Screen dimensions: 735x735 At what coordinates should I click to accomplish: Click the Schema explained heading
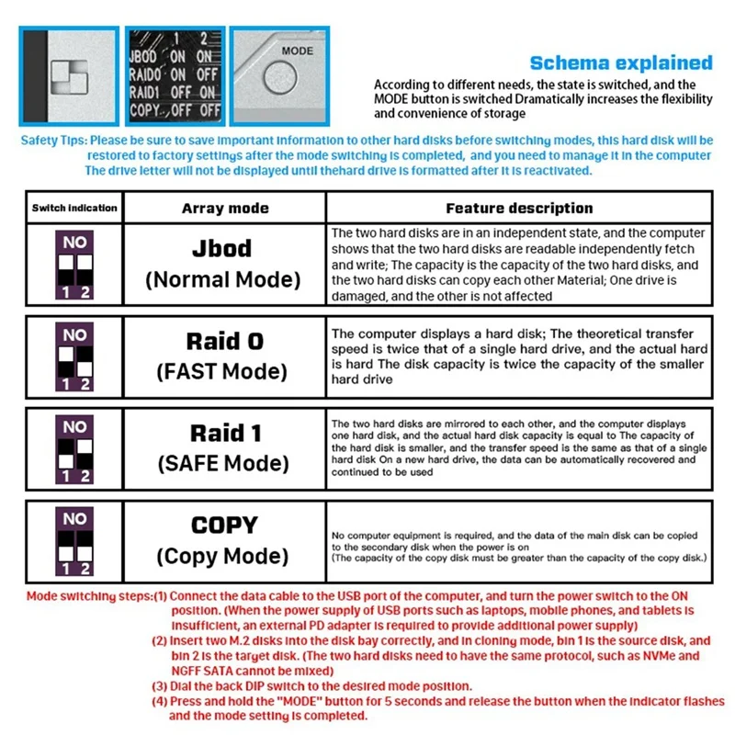tap(621, 62)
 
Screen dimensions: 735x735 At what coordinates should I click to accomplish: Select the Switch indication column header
tap(74, 208)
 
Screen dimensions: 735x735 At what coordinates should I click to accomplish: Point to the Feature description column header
tap(519, 209)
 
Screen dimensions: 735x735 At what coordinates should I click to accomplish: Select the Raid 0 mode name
tap(225, 342)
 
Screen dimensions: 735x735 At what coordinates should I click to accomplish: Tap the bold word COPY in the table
tap(224, 526)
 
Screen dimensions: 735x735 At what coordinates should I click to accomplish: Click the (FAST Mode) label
tap(223, 371)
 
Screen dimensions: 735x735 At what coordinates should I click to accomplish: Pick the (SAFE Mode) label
tap(223, 462)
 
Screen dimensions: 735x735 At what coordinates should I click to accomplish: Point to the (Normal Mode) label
tap(223, 280)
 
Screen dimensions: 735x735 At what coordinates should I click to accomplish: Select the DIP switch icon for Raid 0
tap(74, 356)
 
